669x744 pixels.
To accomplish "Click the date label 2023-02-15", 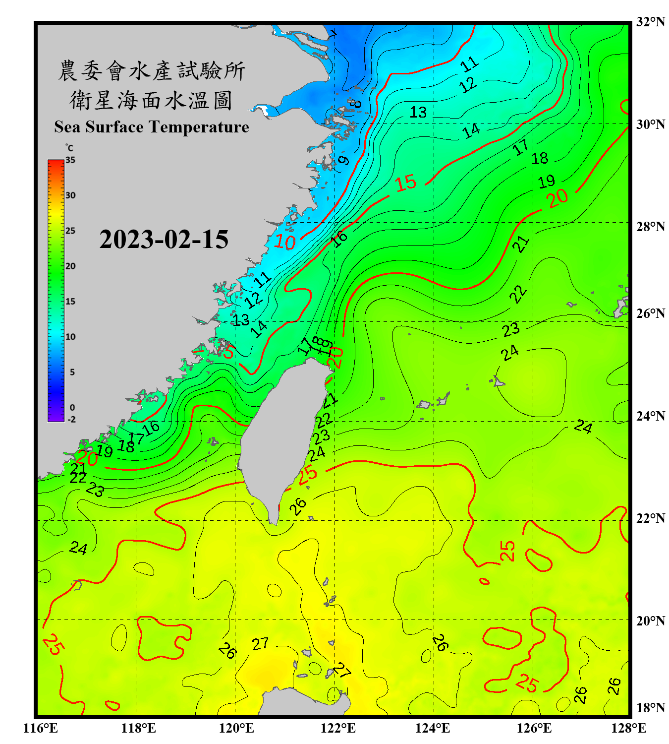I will coord(164,240).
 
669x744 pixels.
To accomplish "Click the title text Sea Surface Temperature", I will coord(152,127).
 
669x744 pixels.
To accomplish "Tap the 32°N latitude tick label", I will coord(650,22).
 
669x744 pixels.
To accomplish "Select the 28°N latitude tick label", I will coord(650,227).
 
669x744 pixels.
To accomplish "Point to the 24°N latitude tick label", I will coord(650,416).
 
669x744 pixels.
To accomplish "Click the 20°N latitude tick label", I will coord(650,620).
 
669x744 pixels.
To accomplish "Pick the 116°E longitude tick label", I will coord(41,728).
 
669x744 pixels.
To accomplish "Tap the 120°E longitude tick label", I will coord(236,728).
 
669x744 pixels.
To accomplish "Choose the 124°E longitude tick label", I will coord(433,728).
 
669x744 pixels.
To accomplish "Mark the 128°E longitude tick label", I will coord(628,728).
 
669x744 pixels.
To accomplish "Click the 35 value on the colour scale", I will coord(70,160).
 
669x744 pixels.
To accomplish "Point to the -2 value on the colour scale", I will coord(71,420).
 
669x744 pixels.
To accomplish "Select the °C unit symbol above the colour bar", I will coord(69,148).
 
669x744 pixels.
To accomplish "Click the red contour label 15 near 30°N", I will coord(406,183).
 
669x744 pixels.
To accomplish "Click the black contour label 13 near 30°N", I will coord(418,112).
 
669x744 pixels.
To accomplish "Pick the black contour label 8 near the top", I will coord(355,104).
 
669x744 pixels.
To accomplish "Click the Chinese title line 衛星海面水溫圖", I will coord(151,100).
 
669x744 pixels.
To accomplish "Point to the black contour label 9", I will coord(343,160).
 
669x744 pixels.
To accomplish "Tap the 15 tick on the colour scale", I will coord(70,302).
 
